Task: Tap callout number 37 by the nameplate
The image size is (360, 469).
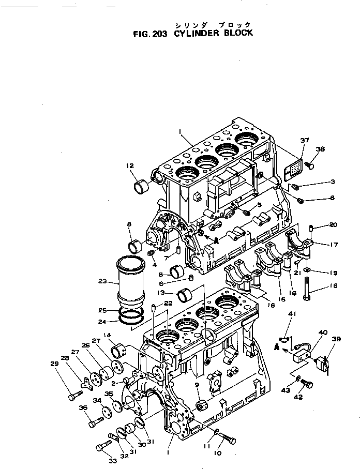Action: pyautogui.click(x=305, y=141)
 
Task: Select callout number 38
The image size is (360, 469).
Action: pyautogui.click(x=321, y=149)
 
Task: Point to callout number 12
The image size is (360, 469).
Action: pyautogui.click(x=129, y=165)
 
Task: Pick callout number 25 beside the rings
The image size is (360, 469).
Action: pyautogui.click(x=102, y=311)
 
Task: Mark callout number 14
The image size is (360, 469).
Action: pyautogui.click(x=107, y=336)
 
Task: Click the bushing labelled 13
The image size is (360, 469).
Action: pyautogui.click(x=186, y=296)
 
